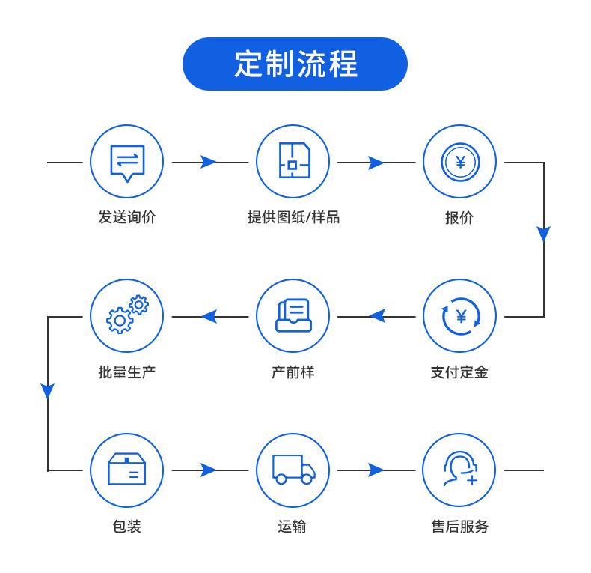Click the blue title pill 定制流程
[295, 64]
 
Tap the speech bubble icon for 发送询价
[127, 161]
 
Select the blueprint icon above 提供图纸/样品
[293, 161]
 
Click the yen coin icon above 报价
[459, 161]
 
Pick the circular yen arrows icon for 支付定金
[459, 316]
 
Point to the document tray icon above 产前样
[293, 316]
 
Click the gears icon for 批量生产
[127, 316]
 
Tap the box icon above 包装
[127, 470]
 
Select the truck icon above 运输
[293, 470]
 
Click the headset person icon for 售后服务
[459, 470]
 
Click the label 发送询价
[127, 217]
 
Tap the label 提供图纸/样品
[293, 217]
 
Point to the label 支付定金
[459, 372]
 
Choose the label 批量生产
[127, 372]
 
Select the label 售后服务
[459, 527]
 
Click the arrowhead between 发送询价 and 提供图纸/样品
[209, 162]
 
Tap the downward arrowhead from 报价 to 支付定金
[544, 234]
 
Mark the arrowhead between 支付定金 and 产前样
[377, 316]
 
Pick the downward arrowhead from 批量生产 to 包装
[48, 391]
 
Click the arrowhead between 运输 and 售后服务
[376, 470]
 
